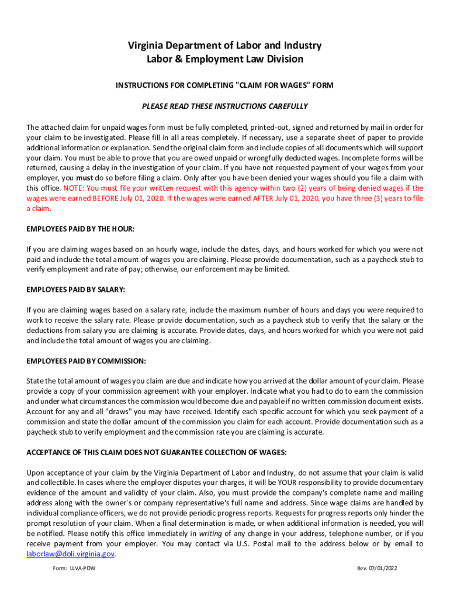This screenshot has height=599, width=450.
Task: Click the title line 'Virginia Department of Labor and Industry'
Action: pos(225,46)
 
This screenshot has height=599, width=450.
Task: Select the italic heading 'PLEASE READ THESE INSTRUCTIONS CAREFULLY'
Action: pos(225,106)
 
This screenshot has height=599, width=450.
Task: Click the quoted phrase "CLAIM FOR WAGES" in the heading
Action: pos(274,85)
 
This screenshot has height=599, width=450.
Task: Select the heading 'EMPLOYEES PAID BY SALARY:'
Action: pos(76,290)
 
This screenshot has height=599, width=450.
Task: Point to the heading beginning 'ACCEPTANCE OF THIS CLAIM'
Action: pos(157,452)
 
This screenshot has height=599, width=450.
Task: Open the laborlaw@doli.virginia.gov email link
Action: pos(70,554)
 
